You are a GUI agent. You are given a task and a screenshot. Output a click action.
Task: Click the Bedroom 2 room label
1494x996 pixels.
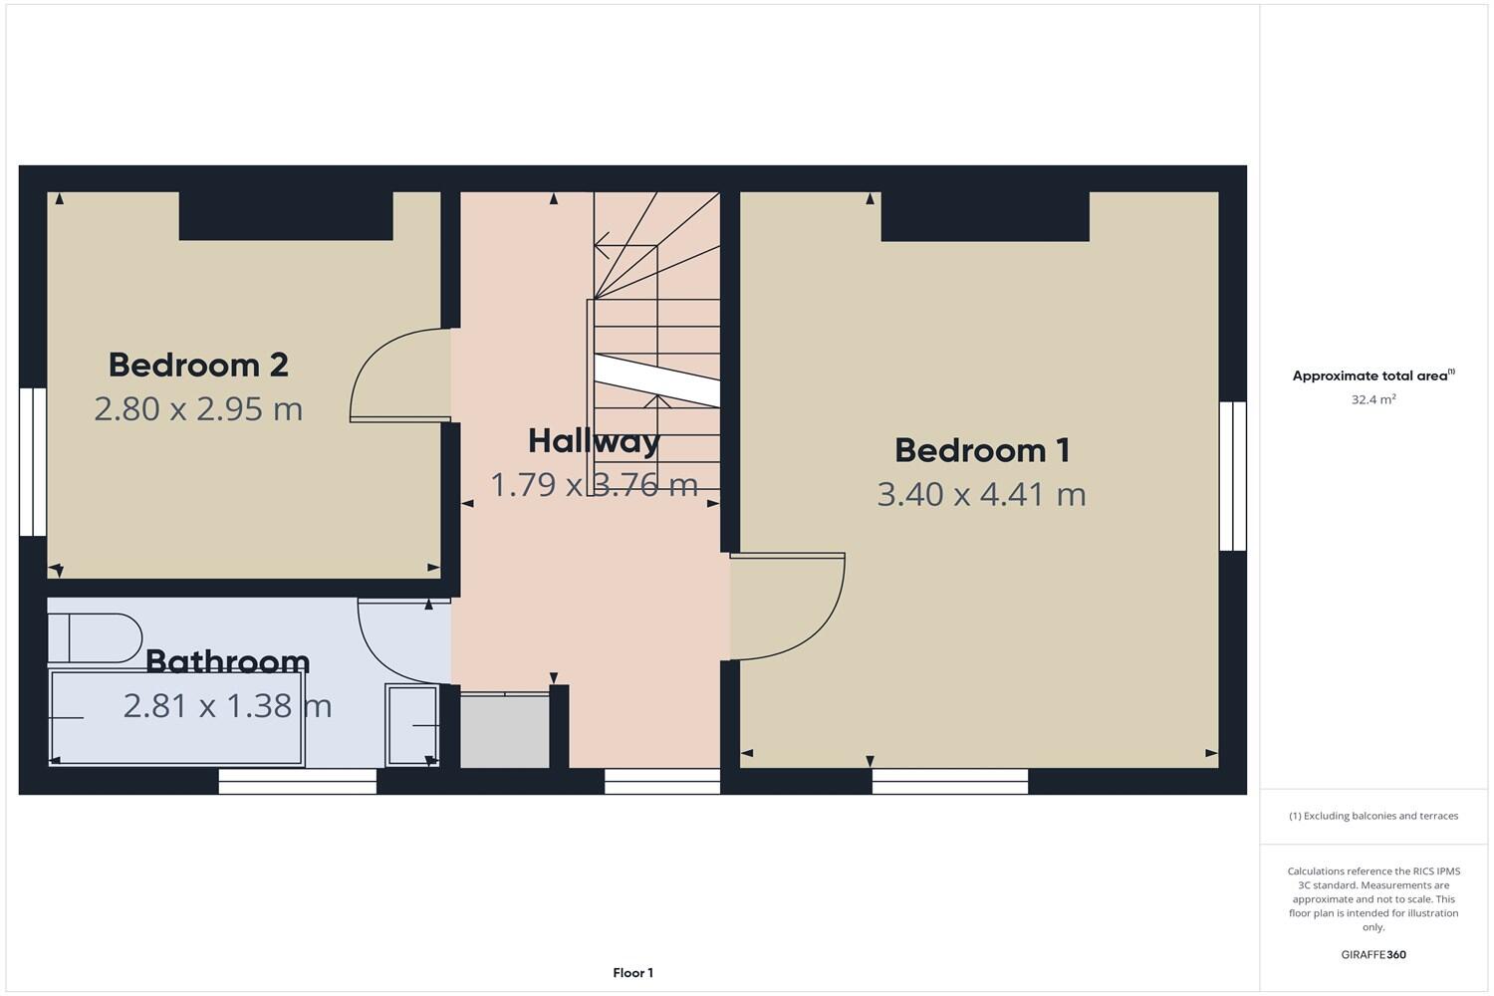198,366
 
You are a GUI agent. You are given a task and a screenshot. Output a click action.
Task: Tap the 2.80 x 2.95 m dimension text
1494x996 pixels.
198,409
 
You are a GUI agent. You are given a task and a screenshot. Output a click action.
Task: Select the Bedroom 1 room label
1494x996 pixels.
982,450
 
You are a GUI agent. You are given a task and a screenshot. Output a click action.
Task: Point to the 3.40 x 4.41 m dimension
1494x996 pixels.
981,494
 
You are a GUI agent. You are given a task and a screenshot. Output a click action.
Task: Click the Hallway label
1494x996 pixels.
594,440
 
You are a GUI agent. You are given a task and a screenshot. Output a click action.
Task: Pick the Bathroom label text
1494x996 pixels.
227,661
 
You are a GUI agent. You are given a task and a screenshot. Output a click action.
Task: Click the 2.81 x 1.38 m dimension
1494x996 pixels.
227,706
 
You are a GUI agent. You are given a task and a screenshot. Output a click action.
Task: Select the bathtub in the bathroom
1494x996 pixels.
176,718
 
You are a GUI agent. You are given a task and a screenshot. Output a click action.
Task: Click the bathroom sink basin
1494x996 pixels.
411,725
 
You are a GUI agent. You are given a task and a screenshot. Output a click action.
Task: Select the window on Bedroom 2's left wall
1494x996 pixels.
33,462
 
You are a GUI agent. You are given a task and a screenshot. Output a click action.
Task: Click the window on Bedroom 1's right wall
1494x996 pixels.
1233,476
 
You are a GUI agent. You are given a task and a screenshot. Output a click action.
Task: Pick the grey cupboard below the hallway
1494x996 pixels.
505,732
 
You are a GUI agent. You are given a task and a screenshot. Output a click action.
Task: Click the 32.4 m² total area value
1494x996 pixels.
1372,399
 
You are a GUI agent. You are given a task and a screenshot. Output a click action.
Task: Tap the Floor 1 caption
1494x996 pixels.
632,973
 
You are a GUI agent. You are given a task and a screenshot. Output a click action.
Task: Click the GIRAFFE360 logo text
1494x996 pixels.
1373,954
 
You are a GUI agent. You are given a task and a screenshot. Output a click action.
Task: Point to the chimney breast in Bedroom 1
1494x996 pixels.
984,216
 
